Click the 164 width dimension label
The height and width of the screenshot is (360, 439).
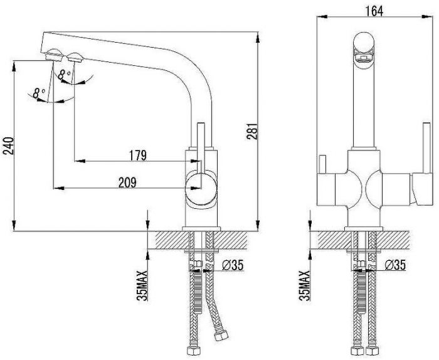pos(374,11)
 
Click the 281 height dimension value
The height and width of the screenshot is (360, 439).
pos(251,130)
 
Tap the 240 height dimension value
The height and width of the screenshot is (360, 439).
pos(8,146)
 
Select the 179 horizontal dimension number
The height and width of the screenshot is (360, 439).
pos(138,156)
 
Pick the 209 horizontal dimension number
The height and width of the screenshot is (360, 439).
pos(127,183)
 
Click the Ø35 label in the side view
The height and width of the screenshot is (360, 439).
pos(233,265)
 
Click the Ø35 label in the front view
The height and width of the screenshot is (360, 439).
pos(394,265)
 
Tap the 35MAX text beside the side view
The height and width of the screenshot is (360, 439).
pos(142,285)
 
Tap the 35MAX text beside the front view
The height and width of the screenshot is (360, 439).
pos(304,285)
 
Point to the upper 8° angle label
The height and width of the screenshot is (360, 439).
pos(64,75)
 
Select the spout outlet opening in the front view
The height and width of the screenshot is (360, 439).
pos(363,58)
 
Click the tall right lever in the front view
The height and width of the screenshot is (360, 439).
pos(426,148)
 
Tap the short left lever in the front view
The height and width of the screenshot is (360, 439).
pos(322,164)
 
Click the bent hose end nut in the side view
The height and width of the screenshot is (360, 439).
pos(221,335)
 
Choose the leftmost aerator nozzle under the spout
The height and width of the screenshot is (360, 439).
pos(55,55)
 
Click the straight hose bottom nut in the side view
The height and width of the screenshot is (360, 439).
pos(193,351)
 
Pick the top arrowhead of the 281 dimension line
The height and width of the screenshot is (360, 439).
pos(258,38)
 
